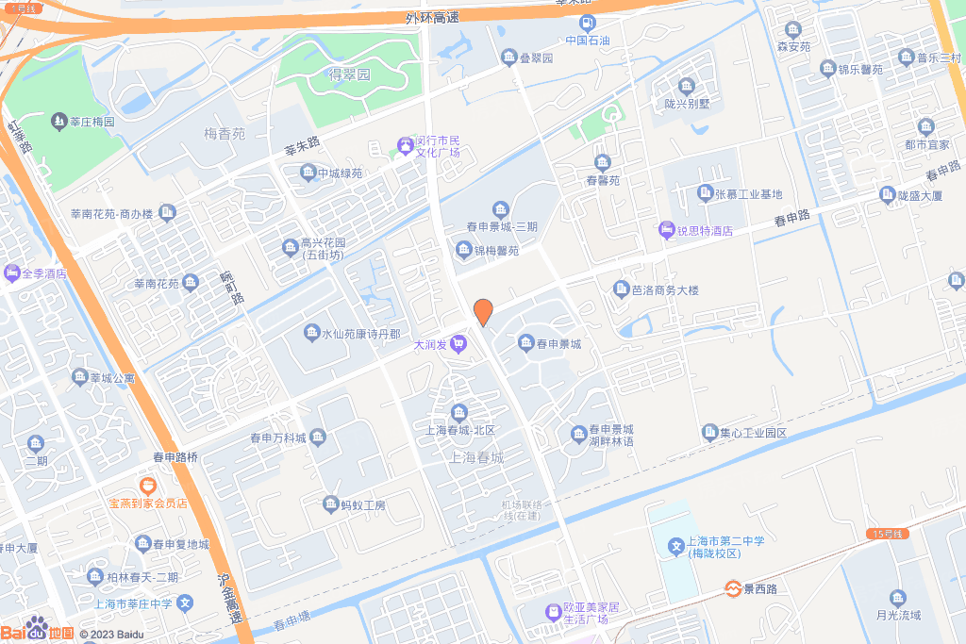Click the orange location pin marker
(x=482, y=312)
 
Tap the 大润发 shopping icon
(x=458, y=344)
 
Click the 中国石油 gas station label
(x=588, y=41)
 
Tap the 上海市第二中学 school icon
(x=675, y=547)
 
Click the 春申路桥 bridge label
(x=175, y=456)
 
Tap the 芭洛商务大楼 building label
(x=665, y=290)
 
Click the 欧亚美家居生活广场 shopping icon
(x=553, y=612)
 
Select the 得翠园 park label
(x=349, y=74)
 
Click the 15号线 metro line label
(x=887, y=534)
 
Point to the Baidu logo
(x=37, y=630)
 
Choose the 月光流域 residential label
(x=898, y=616)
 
